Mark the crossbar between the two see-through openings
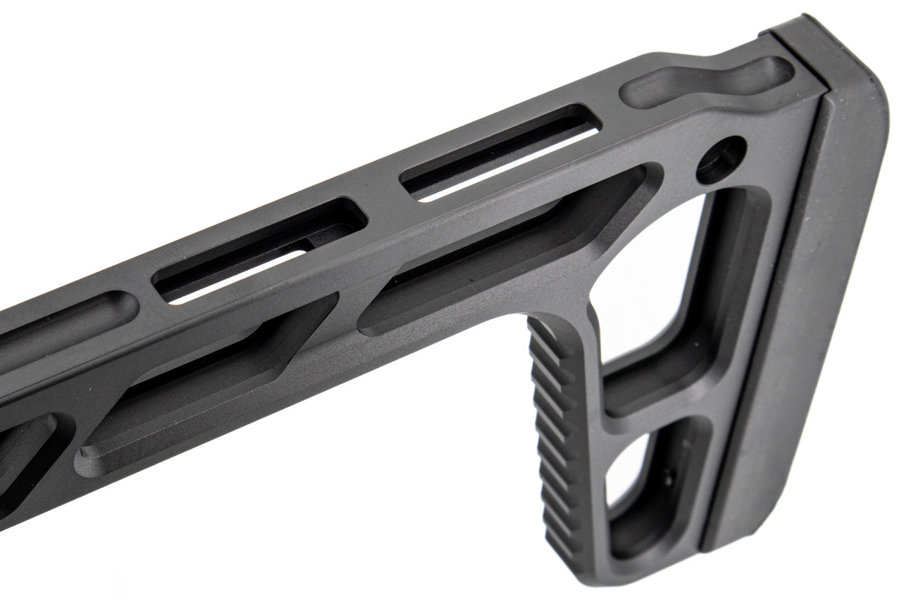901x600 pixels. click(658, 411)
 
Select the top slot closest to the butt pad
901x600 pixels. click(500, 155)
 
